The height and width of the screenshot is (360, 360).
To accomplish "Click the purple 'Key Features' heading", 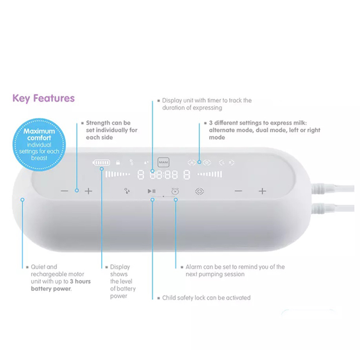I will pos(44,98).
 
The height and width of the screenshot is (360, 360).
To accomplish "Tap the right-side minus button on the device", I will pos(238,191).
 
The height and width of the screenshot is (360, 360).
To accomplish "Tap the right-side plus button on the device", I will pos(262,191).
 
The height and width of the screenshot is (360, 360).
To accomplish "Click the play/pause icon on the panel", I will pos(152,191).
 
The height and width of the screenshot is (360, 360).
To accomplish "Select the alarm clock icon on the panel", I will pos(175,191).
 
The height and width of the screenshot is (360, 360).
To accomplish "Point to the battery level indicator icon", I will pos(101,162).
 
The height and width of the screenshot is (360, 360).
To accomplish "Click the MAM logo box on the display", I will pos(162,162).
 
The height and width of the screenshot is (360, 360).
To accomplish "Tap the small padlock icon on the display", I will pos(118,162).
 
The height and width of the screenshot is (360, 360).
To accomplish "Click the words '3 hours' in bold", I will pos(80,282).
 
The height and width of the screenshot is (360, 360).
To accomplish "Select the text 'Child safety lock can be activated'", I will pos(206,298).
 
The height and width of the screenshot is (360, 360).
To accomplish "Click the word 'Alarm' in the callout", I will pos(194,267).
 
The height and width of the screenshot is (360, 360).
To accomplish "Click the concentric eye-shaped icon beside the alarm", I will pos(199,191).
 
